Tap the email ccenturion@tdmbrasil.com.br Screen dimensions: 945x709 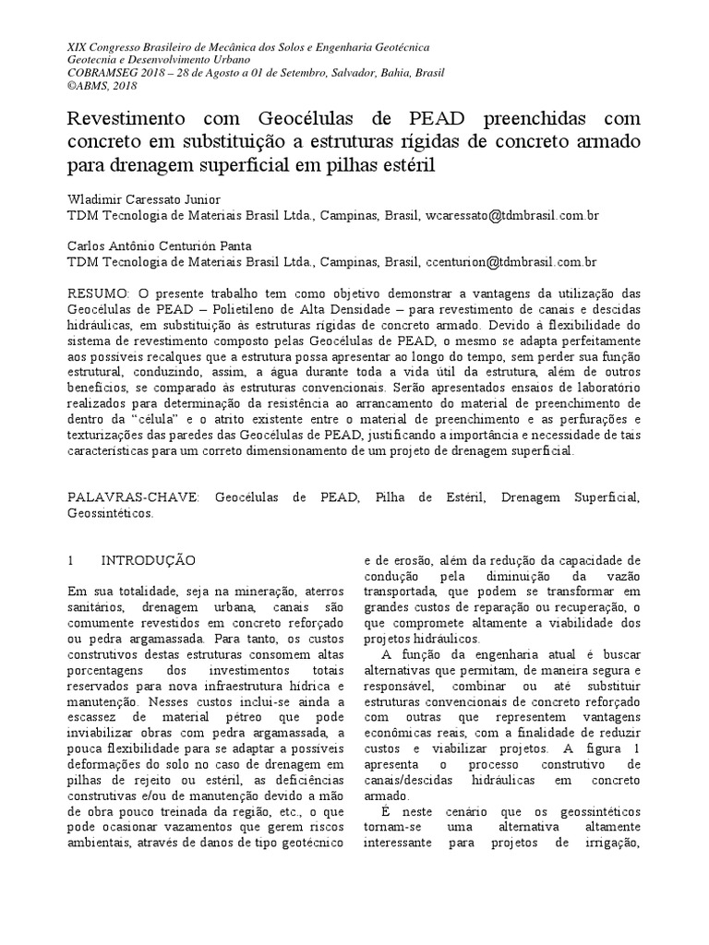[x=511, y=262]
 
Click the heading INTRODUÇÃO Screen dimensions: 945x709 [x=148, y=559]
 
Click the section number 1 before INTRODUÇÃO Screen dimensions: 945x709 [x=72, y=559]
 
